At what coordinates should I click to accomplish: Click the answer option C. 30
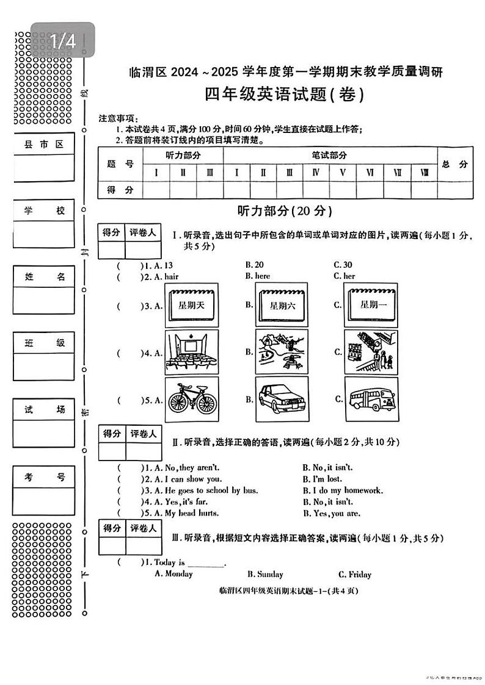point(343,265)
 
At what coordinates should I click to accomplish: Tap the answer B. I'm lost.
point(322,479)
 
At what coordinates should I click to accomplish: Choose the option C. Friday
point(354,574)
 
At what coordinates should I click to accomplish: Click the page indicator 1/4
point(63,41)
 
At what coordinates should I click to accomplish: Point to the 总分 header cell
point(454,163)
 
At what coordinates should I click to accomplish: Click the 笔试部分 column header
point(329,155)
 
